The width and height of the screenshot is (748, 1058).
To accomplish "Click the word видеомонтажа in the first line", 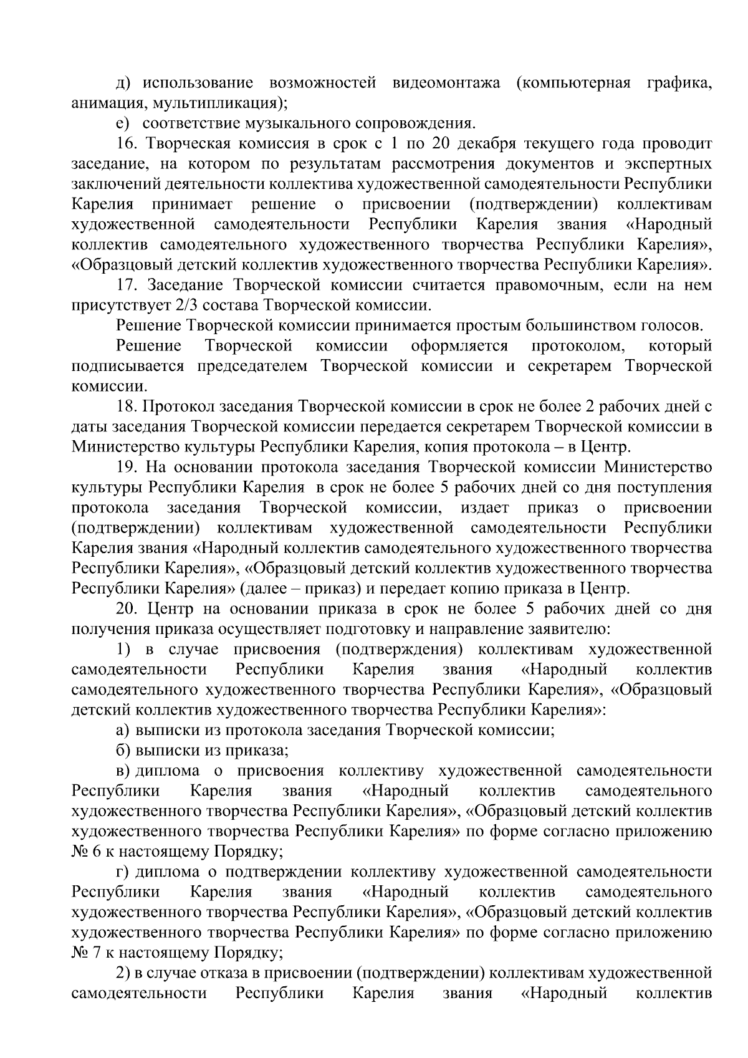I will click(x=446, y=83).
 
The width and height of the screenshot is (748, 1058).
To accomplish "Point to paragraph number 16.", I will click(x=127, y=144).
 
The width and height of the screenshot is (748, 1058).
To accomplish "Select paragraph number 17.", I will click(x=127, y=286).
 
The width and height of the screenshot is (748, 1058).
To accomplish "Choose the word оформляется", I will click(x=459, y=346).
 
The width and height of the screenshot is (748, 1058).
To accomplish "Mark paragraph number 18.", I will click(x=127, y=407).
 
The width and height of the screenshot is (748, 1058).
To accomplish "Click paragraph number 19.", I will click(x=127, y=468).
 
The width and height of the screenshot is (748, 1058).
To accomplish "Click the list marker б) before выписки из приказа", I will click(x=123, y=751).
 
